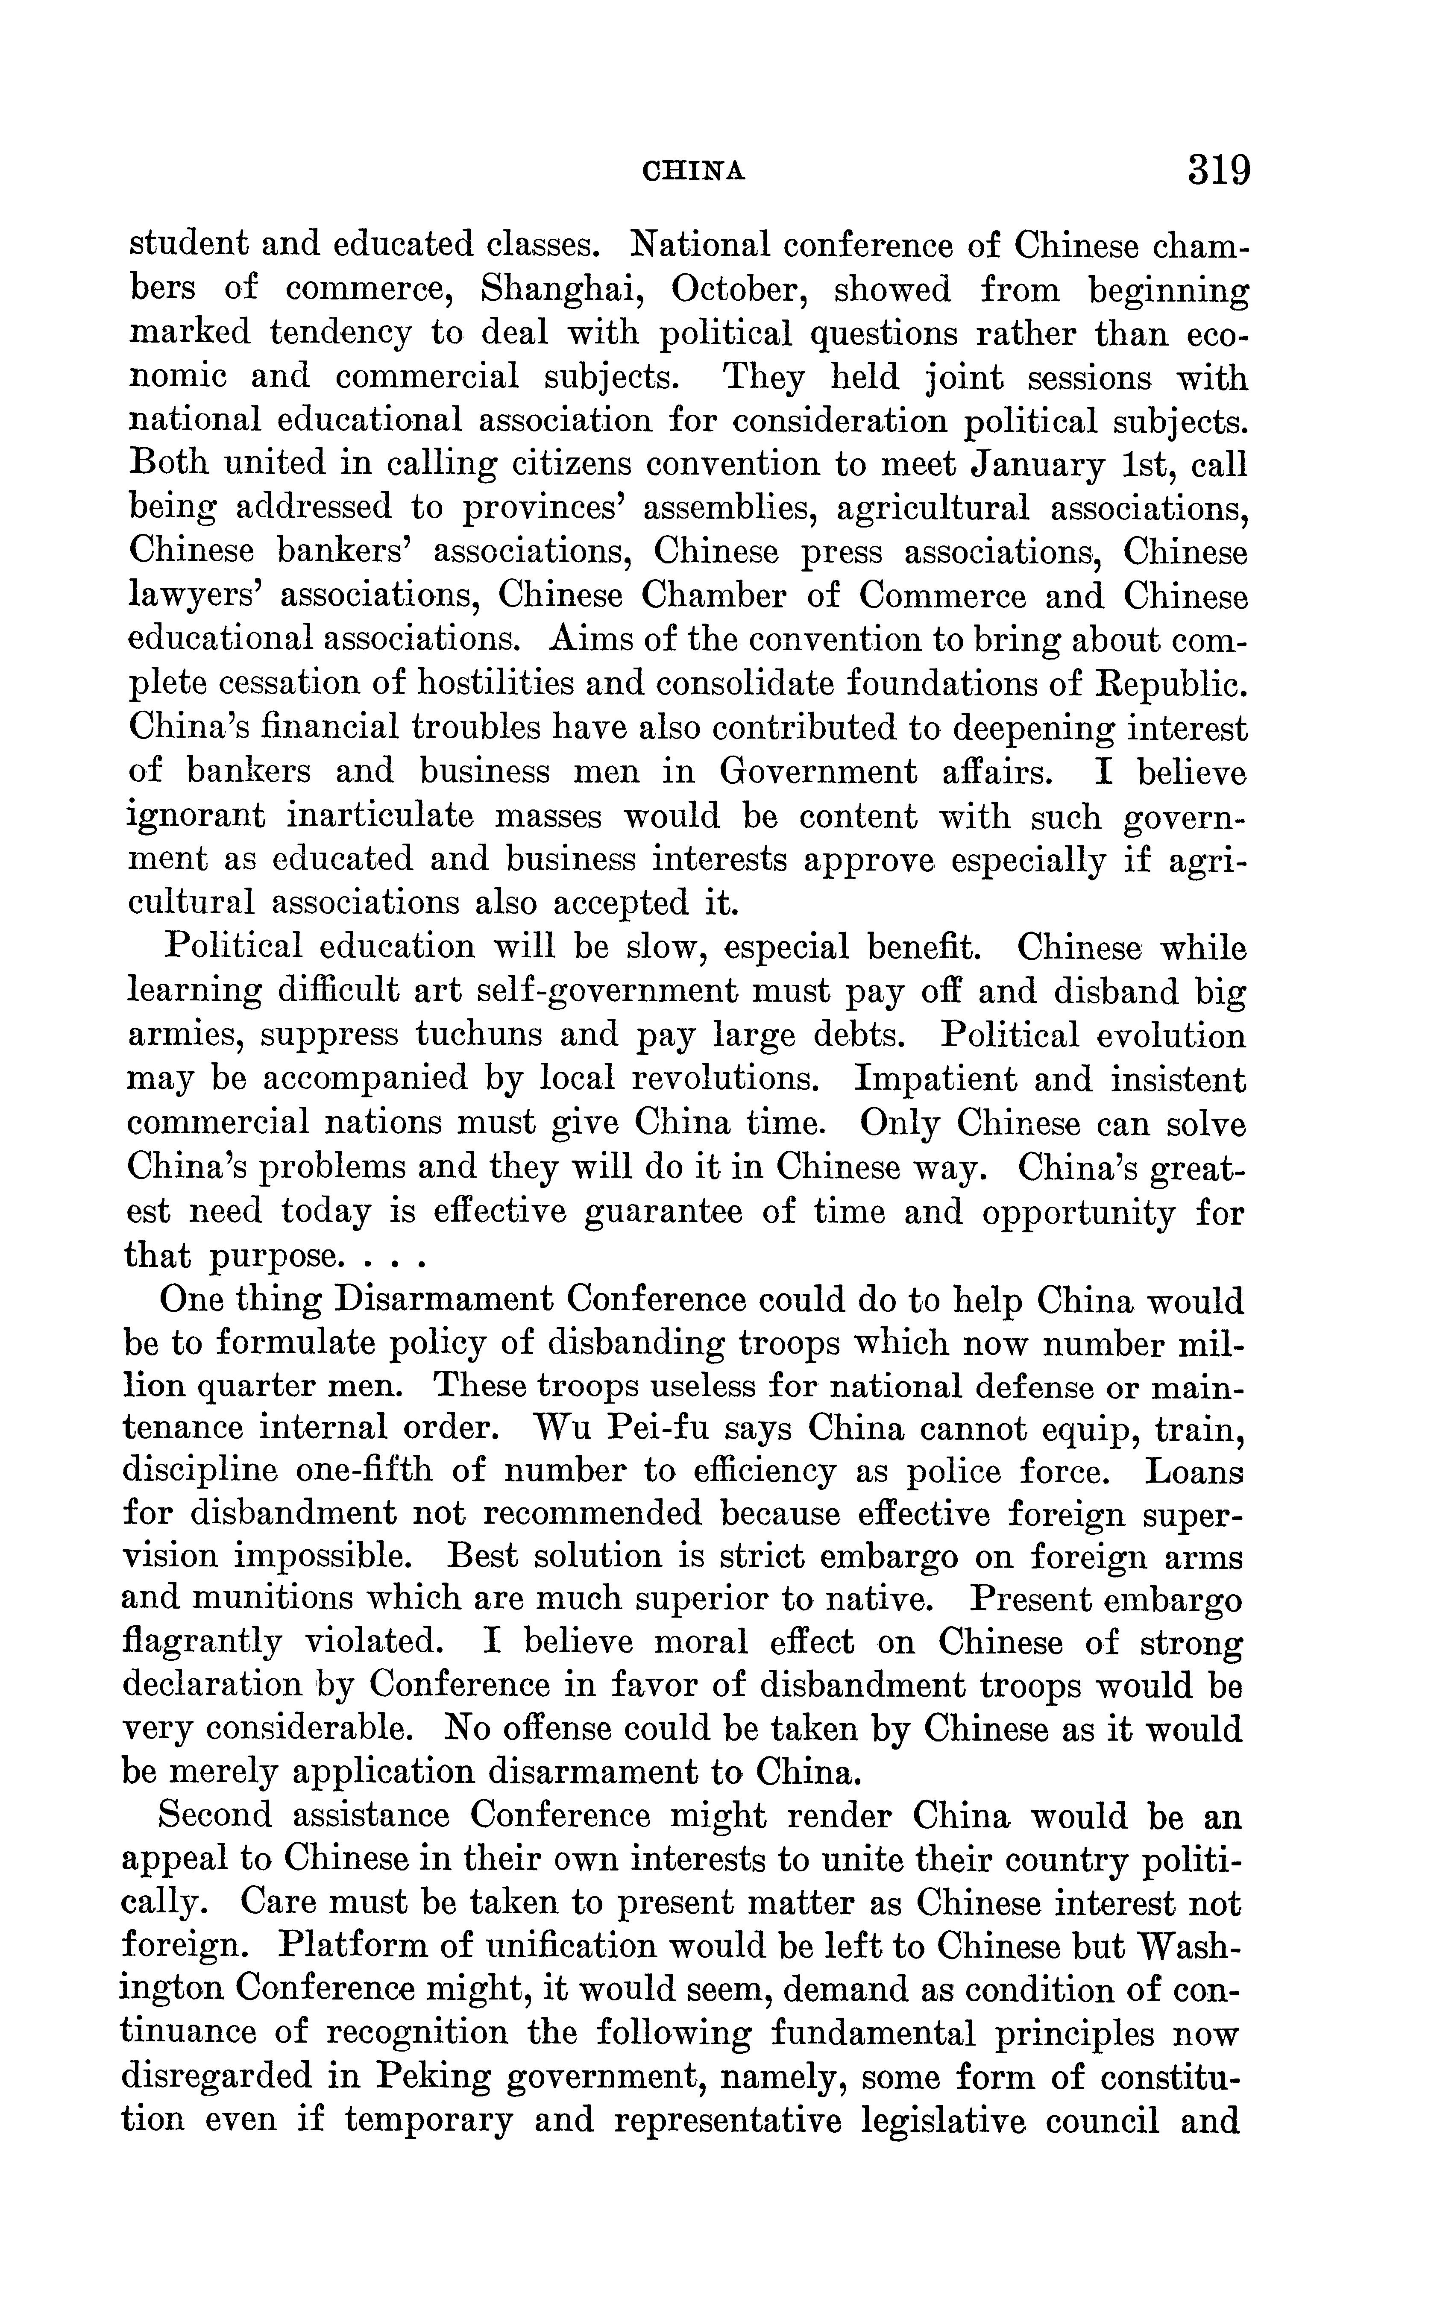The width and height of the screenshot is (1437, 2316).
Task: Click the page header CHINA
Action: (694, 171)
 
